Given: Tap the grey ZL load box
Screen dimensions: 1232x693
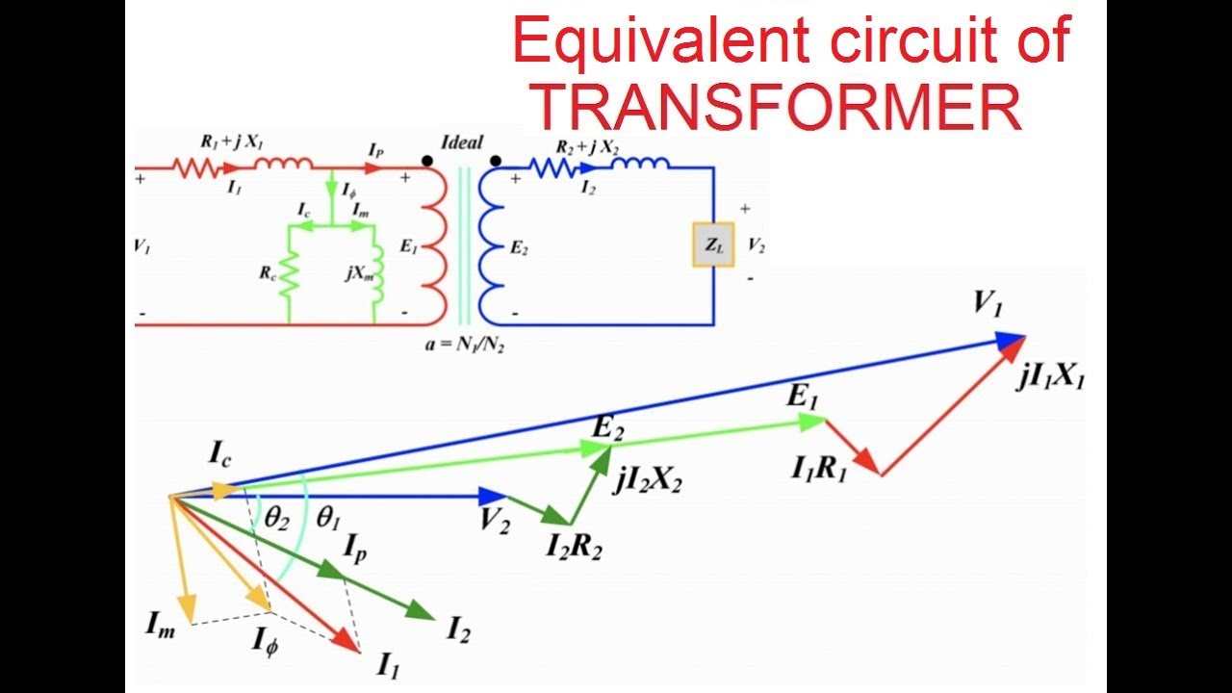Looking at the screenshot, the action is pyautogui.click(x=713, y=246).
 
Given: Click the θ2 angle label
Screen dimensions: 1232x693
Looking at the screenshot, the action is pyautogui.click(x=276, y=520).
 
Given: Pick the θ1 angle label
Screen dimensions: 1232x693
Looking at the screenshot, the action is pyautogui.click(x=328, y=518).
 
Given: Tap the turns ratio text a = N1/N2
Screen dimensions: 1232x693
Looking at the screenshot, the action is pyautogui.click(x=465, y=344).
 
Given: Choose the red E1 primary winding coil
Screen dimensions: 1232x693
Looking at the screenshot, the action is pyautogui.click(x=434, y=246).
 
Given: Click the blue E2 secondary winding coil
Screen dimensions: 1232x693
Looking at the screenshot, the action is pyautogui.click(x=492, y=246).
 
